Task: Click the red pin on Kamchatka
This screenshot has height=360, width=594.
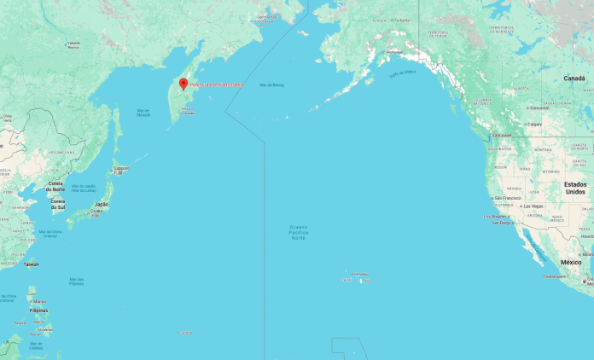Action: (x=183, y=84)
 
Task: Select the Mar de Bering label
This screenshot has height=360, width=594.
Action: (x=271, y=85)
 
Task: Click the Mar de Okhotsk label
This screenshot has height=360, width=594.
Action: (x=143, y=113)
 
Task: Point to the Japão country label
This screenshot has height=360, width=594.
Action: (x=102, y=204)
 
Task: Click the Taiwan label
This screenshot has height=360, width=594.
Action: (x=32, y=264)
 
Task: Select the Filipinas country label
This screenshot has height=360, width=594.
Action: (x=38, y=311)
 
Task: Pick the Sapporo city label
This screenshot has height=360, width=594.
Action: (x=121, y=168)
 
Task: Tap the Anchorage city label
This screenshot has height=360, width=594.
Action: (x=393, y=51)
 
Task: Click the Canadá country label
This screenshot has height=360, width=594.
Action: (x=574, y=78)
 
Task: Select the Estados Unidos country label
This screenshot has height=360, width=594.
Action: (x=575, y=188)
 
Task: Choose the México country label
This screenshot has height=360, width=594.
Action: (x=570, y=262)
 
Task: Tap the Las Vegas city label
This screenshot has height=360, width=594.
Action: (x=533, y=206)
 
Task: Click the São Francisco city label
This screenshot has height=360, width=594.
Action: (x=507, y=198)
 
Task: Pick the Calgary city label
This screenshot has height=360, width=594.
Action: (x=535, y=124)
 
